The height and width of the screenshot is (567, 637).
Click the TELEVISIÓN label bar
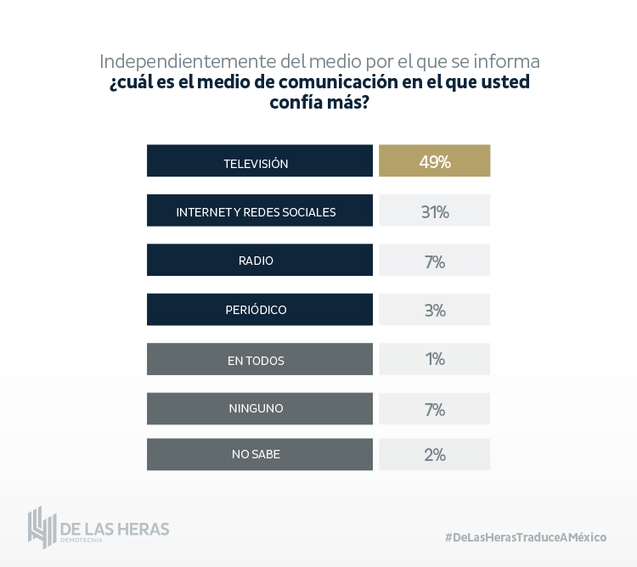point(259,161)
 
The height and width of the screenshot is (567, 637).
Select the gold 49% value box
point(434,161)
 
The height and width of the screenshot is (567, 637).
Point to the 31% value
point(434,211)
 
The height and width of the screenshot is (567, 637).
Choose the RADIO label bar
point(259,261)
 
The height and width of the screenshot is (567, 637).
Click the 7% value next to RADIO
point(434,261)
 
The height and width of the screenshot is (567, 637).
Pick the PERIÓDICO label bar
point(259,310)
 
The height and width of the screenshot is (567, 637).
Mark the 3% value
point(434,310)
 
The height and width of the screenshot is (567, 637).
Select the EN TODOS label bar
point(259,360)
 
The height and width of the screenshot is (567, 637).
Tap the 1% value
point(434,360)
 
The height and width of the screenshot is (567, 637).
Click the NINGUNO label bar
point(259,408)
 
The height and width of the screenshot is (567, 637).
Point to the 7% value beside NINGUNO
point(434,409)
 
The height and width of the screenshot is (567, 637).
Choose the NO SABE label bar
point(259,454)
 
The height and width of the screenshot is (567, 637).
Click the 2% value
point(434,454)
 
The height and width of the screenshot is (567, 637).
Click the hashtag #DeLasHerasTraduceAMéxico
point(526,537)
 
